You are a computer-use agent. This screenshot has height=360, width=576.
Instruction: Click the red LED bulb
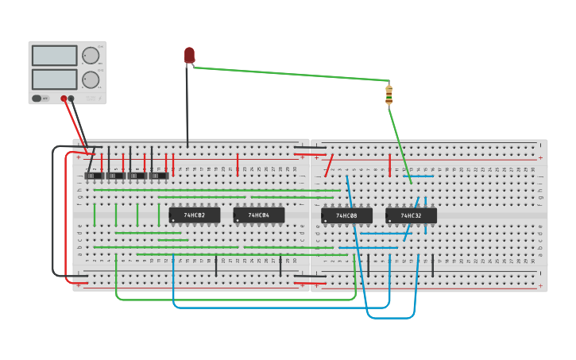click(189, 54)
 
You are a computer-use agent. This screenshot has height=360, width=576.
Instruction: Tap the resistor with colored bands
click(389, 95)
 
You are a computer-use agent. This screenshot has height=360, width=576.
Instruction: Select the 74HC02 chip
click(195, 215)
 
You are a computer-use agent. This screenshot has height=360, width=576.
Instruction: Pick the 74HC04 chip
click(259, 215)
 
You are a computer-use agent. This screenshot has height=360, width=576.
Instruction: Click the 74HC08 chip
click(346, 215)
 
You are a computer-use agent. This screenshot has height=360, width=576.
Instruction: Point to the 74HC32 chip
click(411, 215)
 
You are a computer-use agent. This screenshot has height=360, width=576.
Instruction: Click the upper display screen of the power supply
click(55, 56)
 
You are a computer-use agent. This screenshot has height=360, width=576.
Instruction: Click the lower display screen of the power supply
click(55, 79)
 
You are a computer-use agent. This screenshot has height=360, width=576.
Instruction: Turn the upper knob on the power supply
click(91, 56)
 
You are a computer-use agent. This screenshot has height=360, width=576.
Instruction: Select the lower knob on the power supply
click(91, 79)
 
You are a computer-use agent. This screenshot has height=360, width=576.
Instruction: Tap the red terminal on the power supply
click(64, 99)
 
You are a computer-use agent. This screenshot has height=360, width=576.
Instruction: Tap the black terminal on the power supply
click(72, 99)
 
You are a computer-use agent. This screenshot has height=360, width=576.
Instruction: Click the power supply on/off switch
click(37, 99)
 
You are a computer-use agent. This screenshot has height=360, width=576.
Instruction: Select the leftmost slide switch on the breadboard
click(94, 176)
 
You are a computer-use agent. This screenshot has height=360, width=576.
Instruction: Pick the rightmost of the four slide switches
click(159, 176)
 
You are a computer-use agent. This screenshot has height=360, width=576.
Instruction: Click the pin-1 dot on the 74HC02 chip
click(172, 220)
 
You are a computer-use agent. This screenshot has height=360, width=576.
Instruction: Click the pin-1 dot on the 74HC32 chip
click(389, 221)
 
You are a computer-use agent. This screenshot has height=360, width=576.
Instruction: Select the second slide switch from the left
click(116, 176)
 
